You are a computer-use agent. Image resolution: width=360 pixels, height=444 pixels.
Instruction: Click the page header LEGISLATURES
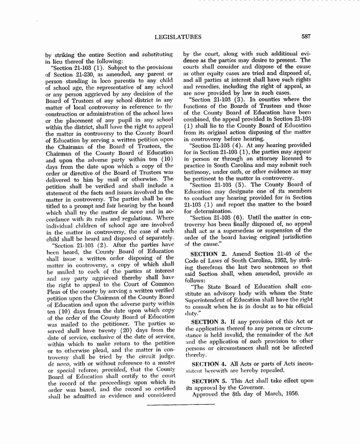pos(178,37)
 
